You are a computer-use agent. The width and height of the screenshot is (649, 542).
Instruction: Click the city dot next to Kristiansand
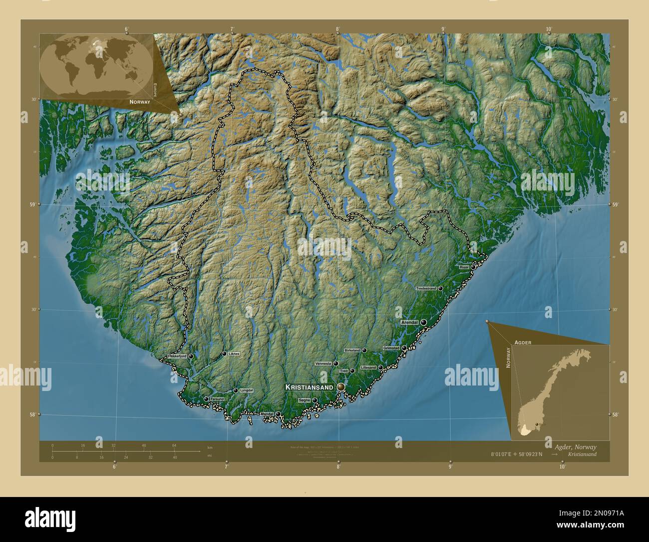(x=341, y=387)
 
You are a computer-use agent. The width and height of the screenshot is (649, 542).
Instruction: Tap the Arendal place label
(x=410, y=323)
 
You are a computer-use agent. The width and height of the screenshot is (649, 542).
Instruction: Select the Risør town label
(x=464, y=267)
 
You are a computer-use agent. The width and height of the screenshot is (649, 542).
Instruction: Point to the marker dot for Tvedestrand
(x=441, y=288)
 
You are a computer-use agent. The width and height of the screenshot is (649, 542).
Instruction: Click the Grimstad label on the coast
(x=391, y=348)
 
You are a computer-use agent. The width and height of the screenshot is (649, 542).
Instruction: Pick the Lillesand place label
(x=368, y=367)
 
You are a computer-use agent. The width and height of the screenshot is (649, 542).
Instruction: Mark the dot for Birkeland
(x=364, y=350)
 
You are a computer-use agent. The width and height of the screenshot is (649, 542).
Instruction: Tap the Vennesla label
(x=323, y=363)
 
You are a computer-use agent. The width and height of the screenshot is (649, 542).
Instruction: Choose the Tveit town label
(x=343, y=371)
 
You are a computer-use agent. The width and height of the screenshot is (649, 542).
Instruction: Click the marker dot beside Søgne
(x=315, y=400)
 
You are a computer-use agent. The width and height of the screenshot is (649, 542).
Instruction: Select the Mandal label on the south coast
(x=267, y=414)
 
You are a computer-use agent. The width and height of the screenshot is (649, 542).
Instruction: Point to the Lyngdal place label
(x=247, y=390)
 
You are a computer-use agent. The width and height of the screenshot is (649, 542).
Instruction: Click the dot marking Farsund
(x=206, y=399)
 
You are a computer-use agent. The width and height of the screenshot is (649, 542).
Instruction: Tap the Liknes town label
(x=234, y=353)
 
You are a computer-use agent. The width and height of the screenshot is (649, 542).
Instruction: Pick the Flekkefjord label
(x=177, y=356)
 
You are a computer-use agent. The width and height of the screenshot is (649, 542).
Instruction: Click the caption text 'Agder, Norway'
(x=575, y=446)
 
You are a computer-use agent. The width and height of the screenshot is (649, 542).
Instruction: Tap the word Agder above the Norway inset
(x=521, y=342)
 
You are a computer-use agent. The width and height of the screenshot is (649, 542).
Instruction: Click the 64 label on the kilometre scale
(x=174, y=445)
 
